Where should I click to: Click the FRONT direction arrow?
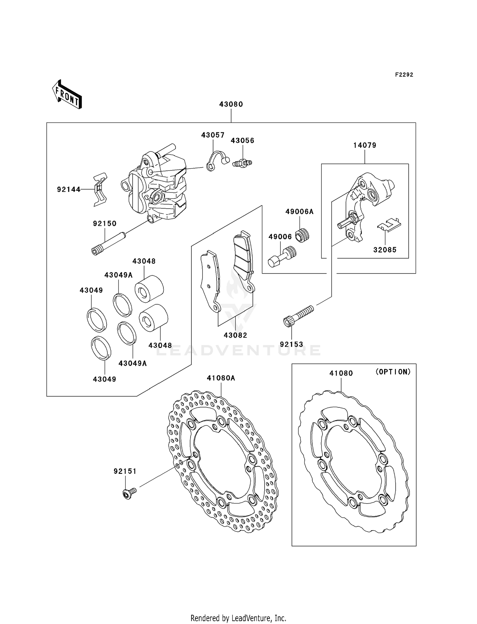pos(67,94)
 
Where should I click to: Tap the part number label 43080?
pos(231,104)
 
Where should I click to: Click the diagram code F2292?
pos(404,75)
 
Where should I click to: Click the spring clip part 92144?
pos(100,190)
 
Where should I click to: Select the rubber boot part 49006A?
pos(302,236)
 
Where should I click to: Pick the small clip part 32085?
pos(389,224)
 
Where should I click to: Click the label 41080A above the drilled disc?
pos(221,378)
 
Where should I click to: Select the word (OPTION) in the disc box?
pos(393,371)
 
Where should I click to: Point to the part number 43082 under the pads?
pos(235,335)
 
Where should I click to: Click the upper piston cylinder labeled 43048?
pos(149,288)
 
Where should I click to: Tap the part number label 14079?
pos(364,145)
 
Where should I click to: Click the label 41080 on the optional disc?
pos(341,373)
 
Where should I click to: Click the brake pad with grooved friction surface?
pos(243,261)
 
